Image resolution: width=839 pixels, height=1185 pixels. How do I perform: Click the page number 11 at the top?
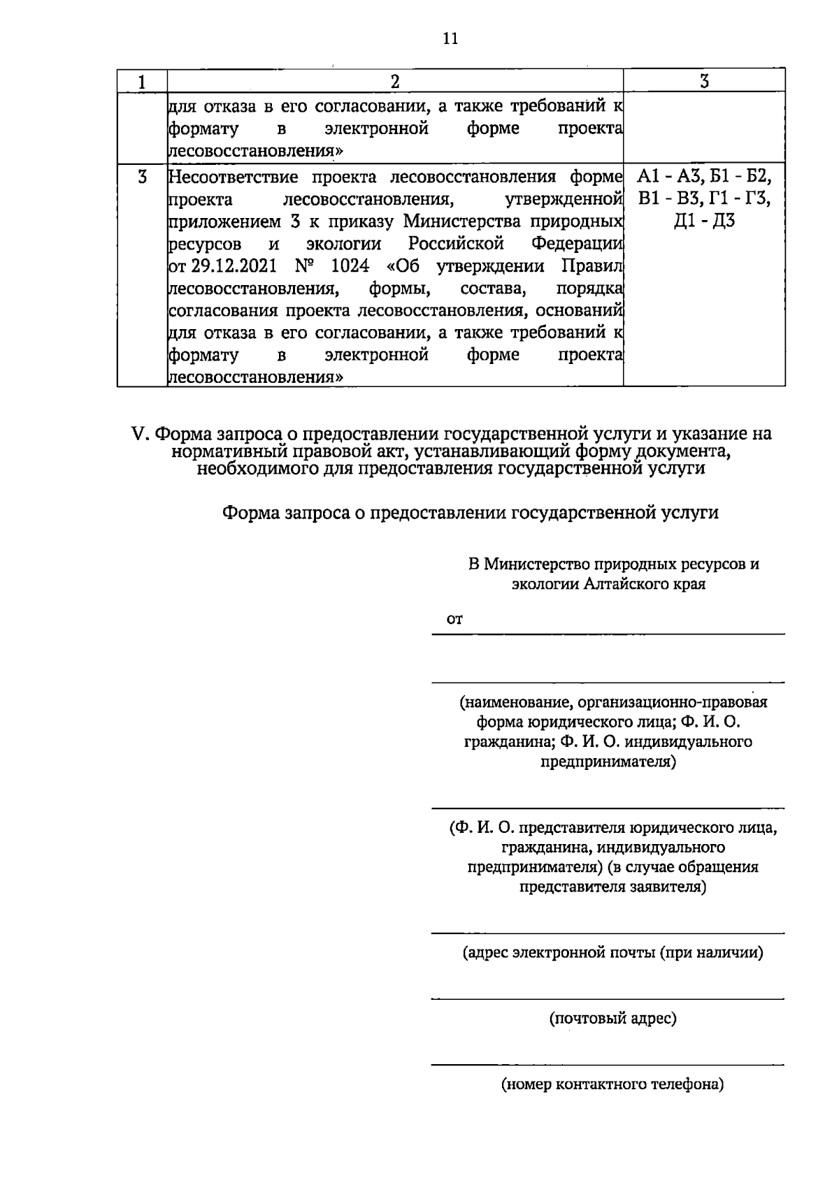(450, 38)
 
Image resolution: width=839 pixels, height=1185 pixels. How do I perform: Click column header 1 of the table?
(142, 82)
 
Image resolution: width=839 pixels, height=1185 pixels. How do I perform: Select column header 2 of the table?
(395, 82)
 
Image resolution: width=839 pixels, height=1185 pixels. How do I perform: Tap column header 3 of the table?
(704, 82)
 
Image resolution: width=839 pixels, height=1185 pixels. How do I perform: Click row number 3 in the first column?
(142, 177)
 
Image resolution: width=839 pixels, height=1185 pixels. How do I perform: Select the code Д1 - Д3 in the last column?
(704, 222)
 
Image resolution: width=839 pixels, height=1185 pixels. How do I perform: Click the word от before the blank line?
(455, 619)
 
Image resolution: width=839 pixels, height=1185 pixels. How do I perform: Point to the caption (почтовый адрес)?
(612, 1019)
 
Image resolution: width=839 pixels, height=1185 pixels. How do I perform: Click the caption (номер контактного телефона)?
(612, 1085)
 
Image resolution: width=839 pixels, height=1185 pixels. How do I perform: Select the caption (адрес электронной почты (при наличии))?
(612, 952)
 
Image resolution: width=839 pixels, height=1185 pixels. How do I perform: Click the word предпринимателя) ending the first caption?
(609, 762)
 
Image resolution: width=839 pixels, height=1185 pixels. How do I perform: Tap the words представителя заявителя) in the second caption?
(612, 887)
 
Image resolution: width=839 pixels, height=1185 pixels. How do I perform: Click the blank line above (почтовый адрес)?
(608, 998)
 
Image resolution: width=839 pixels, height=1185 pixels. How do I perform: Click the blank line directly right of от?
(622, 632)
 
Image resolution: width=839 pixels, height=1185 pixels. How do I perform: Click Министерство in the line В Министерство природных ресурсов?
(536, 564)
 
